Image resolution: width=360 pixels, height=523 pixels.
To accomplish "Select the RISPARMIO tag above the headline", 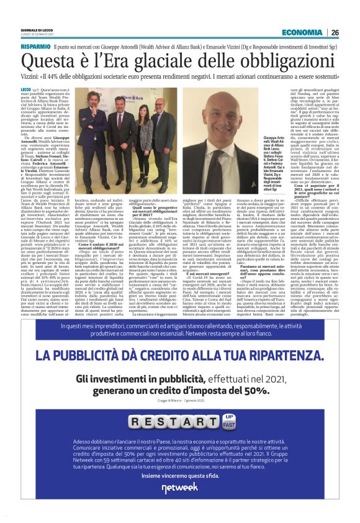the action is point(35,47).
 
